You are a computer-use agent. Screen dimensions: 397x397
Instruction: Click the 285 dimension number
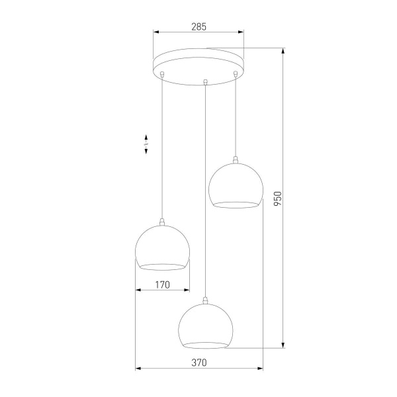(198, 27)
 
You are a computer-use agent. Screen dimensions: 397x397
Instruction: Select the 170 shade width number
(163, 285)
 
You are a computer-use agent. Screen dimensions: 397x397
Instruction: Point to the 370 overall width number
(199, 363)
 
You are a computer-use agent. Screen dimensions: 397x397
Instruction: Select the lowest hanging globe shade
(206, 326)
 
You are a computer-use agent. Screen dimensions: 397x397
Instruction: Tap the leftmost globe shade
(162, 247)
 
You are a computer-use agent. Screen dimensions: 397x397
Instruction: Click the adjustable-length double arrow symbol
(146, 144)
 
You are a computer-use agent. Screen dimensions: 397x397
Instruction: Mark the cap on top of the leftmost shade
(162, 222)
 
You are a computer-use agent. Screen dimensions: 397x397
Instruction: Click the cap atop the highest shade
(236, 159)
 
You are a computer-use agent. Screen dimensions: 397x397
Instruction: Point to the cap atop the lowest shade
(206, 302)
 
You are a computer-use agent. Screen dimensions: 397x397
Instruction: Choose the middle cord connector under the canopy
(206, 82)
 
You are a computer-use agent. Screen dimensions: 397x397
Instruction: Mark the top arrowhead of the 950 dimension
(284, 51)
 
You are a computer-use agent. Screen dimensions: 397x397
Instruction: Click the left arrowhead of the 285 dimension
(156, 31)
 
